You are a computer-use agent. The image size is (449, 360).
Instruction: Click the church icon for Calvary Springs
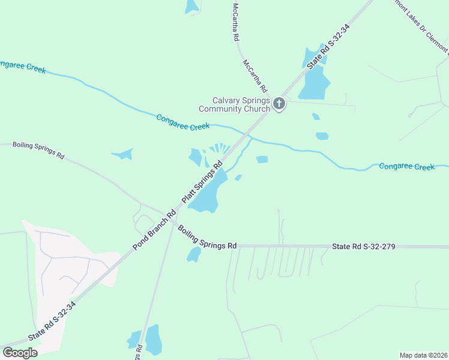click(279, 104)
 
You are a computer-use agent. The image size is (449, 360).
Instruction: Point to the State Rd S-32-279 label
click(363, 247)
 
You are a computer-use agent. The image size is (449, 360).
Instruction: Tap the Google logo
click(20, 352)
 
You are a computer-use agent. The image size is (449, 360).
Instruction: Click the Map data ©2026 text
click(423, 355)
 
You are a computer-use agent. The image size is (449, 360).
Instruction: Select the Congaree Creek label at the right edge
click(406, 166)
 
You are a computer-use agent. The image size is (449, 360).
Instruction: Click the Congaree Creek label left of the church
click(182, 122)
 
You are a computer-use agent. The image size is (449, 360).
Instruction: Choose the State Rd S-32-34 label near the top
click(327, 46)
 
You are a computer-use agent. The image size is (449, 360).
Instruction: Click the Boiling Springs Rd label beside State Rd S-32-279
click(207, 237)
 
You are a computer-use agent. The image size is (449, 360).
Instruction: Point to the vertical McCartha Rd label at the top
click(236, 22)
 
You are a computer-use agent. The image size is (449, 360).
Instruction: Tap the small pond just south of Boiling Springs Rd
click(194, 254)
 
